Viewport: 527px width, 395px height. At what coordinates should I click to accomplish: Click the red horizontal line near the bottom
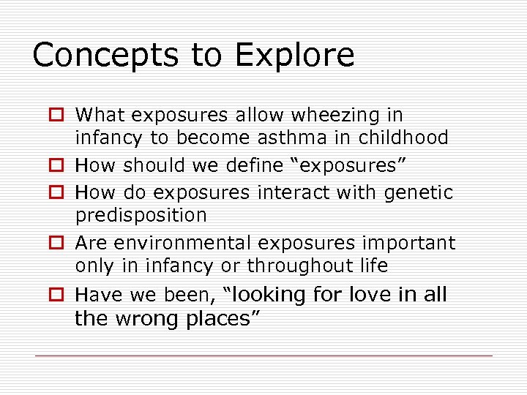(x=263, y=356)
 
